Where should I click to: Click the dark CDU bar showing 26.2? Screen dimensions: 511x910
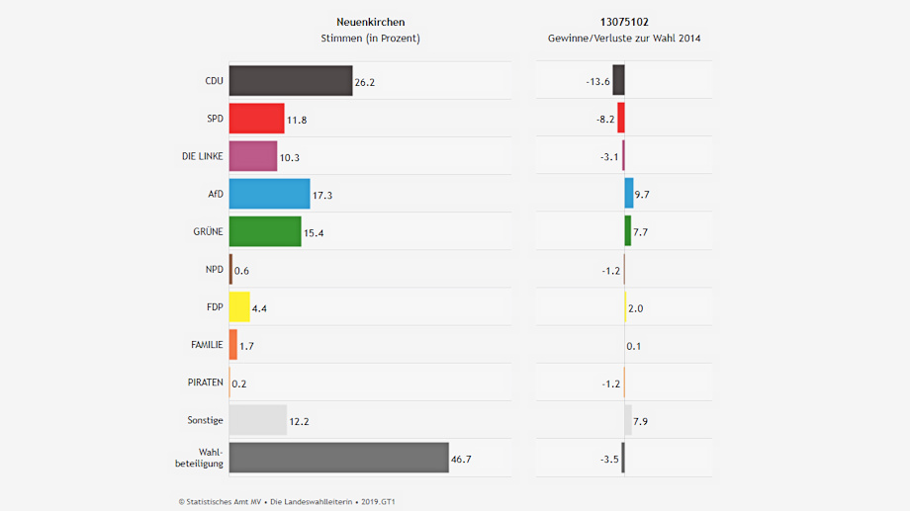pyautogui.click(x=290, y=81)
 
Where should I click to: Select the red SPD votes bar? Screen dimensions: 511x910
pyautogui.click(x=256, y=119)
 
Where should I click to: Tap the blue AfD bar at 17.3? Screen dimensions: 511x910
pyautogui.click(x=269, y=194)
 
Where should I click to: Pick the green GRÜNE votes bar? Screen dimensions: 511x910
pyautogui.click(x=264, y=231)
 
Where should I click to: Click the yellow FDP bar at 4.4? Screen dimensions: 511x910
pyautogui.click(x=239, y=307)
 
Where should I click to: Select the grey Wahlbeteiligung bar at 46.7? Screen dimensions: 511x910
pyautogui.click(x=338, y=458)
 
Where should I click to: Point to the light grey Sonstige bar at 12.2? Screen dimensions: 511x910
pyautogui.click(x=257, y=420)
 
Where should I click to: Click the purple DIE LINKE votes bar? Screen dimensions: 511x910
pyautogui.click(x=252, y=156)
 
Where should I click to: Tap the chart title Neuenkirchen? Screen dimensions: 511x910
pyautogui.click(x=371, y=22)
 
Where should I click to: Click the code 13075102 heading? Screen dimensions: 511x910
pyautogui.click(x=624, y=22)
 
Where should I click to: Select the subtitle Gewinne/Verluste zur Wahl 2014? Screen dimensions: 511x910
pyautogui.click(x=624, y=39)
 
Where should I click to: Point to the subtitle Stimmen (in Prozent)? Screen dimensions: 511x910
pyautogui.click(x=371, y=39)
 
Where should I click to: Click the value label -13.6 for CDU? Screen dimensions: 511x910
pyautogui.click(x=597, y=82)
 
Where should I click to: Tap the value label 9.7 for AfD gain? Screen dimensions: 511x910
pyautogui.click(x=642, y=195)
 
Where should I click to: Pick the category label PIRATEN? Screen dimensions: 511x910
pyautogui.click(x=205, y=382)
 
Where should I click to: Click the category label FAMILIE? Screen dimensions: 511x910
pyautogui.click(x=207, y=344)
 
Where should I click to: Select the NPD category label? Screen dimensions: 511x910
pyautogui.click(x=214, y=269)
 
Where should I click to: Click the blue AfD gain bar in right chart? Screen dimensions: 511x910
pyautogui.click(x=629, y=194)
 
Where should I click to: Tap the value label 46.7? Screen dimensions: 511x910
pyautogui.click(x=462, y=460)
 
